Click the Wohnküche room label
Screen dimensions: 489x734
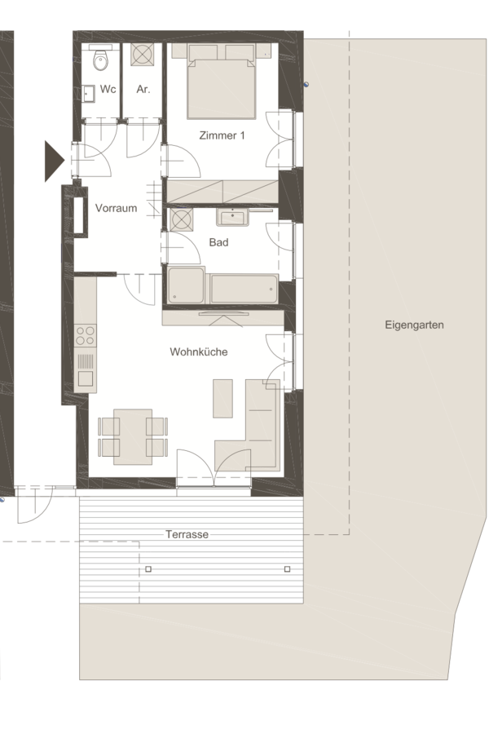198,352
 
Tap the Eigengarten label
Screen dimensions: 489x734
414,325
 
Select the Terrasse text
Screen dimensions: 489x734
187,534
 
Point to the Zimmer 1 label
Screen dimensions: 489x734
222,135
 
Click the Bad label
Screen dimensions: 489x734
218,242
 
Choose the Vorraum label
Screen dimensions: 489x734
116,208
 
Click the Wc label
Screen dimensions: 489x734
108,89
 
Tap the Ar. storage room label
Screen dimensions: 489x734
143,89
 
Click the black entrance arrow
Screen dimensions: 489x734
54,161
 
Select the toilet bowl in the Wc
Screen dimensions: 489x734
99,59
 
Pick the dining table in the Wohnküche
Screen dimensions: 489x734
133,437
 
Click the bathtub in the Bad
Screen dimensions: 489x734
244,290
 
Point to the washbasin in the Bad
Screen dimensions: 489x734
232,217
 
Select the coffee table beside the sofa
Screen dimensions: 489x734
222,398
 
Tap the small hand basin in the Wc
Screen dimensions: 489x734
89,94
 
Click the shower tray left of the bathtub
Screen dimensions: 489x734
186,285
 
